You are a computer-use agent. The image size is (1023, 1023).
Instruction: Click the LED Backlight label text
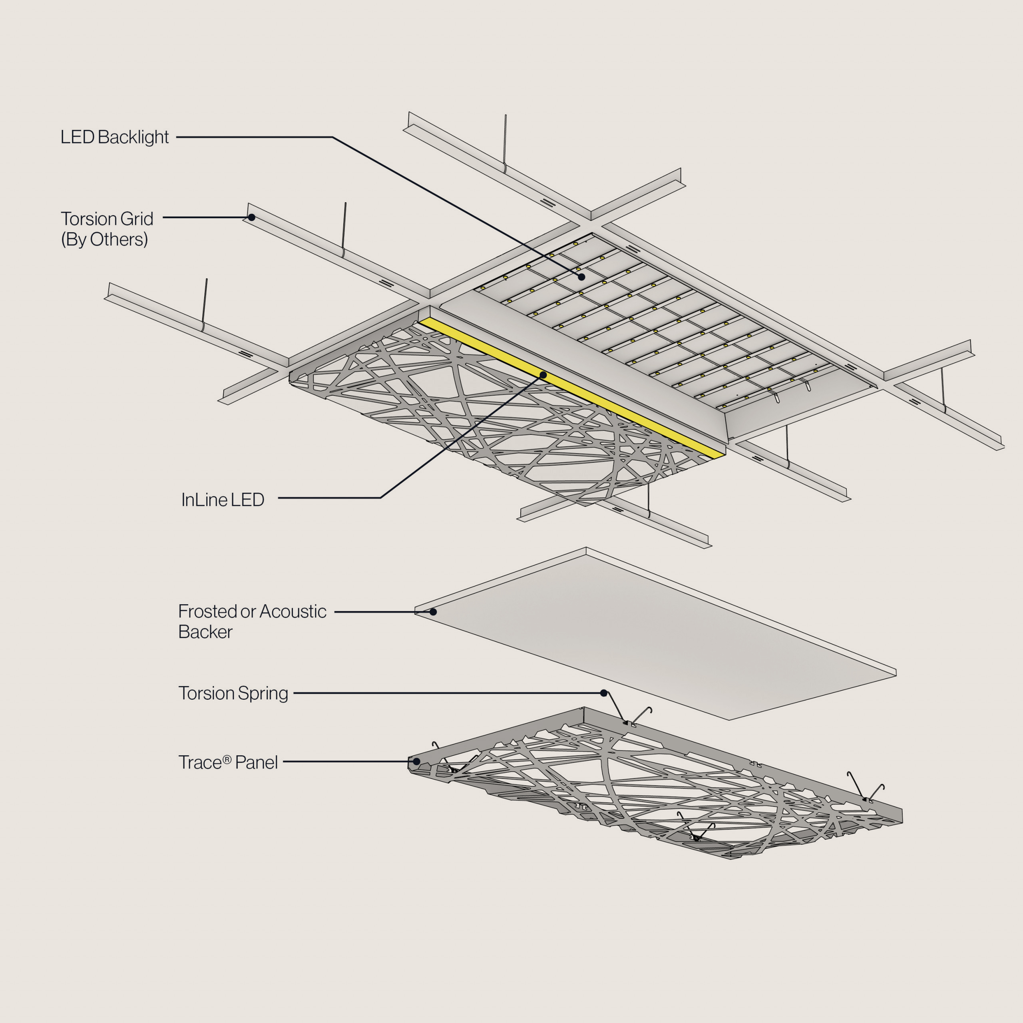[114, 137]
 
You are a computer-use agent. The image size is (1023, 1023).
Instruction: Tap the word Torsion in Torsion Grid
[88, 219]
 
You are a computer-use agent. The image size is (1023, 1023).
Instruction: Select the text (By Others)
[104, 239]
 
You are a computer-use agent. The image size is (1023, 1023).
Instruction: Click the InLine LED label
[223, 500]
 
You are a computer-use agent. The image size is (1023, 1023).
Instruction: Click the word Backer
[205, 632]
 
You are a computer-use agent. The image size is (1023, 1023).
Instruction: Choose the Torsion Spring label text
[233, 693]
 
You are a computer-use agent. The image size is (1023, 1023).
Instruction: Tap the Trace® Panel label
[228, 762]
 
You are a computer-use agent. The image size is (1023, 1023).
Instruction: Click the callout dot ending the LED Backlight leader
[581, 277]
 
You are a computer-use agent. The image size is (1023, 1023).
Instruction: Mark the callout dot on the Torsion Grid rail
[251, 217]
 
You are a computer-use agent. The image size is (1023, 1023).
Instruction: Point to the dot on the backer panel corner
[433, 611]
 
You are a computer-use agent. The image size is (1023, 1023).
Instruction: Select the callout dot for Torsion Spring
[604, 693]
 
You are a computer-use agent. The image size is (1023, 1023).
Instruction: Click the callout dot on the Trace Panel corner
[417, 761]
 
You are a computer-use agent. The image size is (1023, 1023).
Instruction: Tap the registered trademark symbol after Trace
[227, 759]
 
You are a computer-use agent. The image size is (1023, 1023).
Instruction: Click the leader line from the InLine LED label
[328, 498]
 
